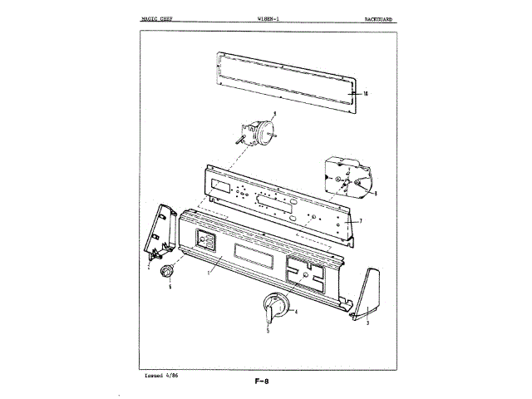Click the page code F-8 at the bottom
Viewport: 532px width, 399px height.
pyautogui.click(x=265, y=382)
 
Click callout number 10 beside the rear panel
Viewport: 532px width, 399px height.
pyautogui.click(x=366, y=93)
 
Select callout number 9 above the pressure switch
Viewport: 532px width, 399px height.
pyautogui.click(x=274, y=112)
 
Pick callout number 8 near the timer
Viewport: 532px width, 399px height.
pyautogui.click(x=376, y=194)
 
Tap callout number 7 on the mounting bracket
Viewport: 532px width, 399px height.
pyautogui.click(x=360, y=222)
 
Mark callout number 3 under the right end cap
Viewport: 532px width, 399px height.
pyautogui.click(x=367, y=323)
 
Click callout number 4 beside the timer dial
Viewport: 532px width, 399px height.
pyautogui.click(x=296, y=312)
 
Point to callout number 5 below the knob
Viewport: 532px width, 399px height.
pyautogui.click(x=268, y=331)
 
